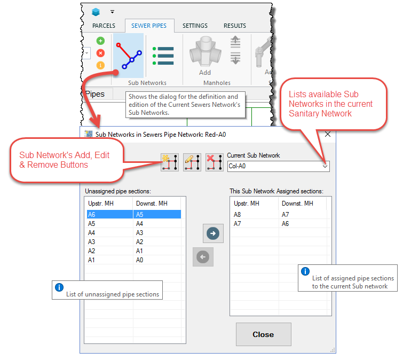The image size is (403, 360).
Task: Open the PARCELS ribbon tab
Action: (x=104, y=26)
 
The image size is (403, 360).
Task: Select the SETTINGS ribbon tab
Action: (x=195, y=26)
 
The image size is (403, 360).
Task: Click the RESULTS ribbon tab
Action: (x=235, y=26)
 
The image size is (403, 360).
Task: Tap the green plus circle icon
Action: (x=100, y=41)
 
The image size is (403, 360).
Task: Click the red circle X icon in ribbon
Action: (x=100, y=53)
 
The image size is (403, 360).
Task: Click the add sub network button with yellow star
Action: (x=170, y=162)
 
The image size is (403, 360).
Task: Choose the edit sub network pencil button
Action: (x=192, y=162)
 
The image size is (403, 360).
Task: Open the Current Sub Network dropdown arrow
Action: (x=325, y=166)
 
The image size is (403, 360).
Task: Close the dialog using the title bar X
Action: (x=328, y=134)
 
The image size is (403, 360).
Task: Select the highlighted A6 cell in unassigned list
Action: (x=110, y=215)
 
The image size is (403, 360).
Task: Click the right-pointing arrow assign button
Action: (x=213, y=233)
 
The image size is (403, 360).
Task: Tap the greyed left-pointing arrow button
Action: (x=203, y=256)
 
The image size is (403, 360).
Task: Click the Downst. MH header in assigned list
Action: (x=297, y=204)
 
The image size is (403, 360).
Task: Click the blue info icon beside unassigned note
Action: (x=59, y=287)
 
